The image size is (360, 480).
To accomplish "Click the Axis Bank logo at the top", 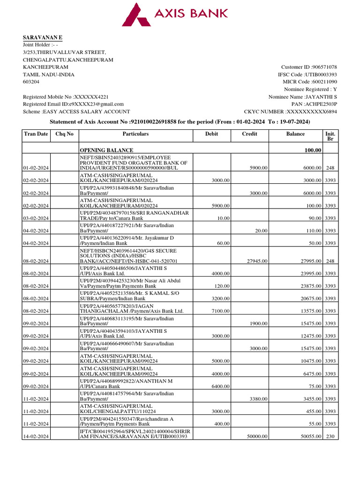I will coord(175,14).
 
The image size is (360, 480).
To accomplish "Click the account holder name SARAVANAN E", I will coord(43,37).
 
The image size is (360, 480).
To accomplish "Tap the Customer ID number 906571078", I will coord(321,67).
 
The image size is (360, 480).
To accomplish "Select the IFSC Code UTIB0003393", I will coord(321,75).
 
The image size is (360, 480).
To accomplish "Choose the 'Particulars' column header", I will coord(135,134).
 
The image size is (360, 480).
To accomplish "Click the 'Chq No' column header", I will coord(64,134).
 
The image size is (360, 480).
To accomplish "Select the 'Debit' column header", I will coord(211,134).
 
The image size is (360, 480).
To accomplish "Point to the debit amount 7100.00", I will coord(220,311).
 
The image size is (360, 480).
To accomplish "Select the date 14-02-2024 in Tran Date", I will coord(36,436).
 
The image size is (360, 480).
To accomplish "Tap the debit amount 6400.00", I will coord(220,386).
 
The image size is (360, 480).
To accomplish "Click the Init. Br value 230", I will coord(330,436).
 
